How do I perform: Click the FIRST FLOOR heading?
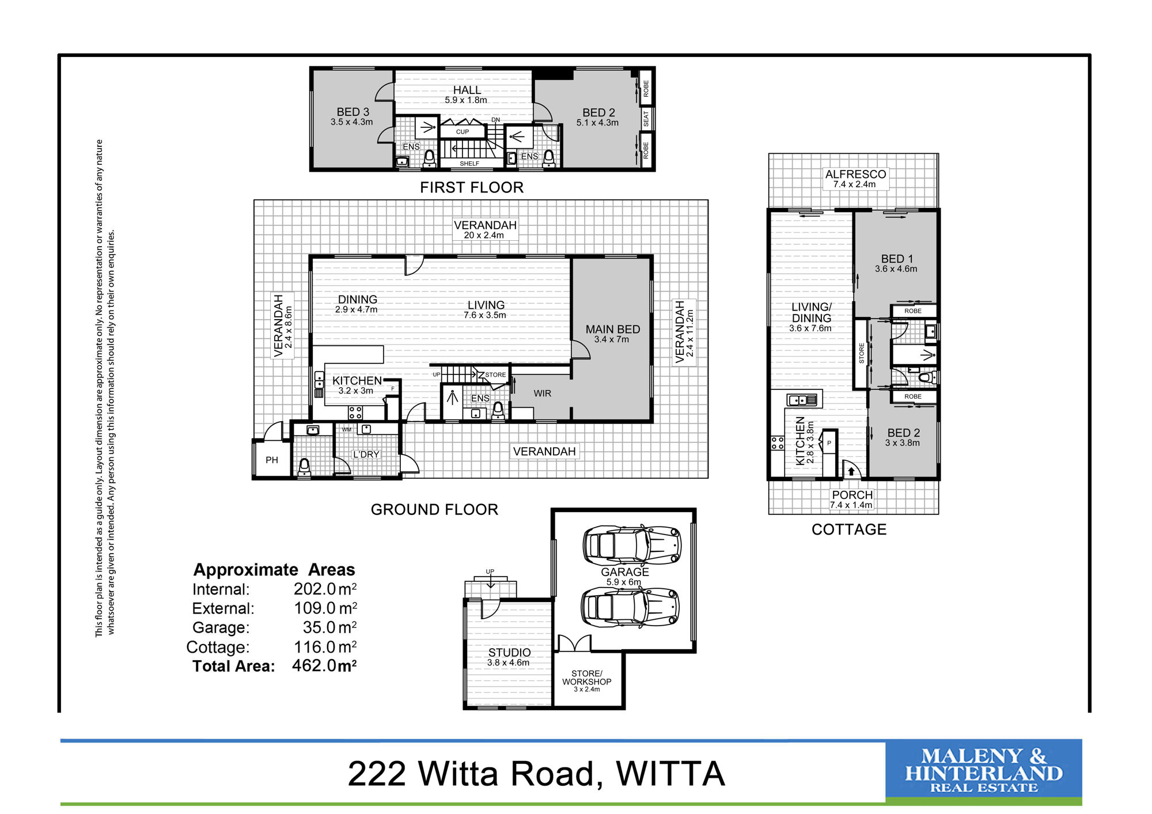472,187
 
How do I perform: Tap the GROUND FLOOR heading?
434,509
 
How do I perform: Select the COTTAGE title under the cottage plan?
849,529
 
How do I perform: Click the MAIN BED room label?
613,329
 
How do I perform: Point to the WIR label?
543,393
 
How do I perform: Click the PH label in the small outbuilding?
272,460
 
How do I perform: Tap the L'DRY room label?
366,455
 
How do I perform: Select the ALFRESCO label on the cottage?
855,174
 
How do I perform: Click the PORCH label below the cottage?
852,495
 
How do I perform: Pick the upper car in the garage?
632,544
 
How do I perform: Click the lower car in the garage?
630,607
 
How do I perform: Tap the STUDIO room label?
510,652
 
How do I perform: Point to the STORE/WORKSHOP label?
587,677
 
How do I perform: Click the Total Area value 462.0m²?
324,665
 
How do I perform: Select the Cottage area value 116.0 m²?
325,647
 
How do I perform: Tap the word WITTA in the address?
670,774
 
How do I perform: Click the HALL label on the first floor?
467,90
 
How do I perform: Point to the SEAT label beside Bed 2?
646,119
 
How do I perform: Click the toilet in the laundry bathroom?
305,467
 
